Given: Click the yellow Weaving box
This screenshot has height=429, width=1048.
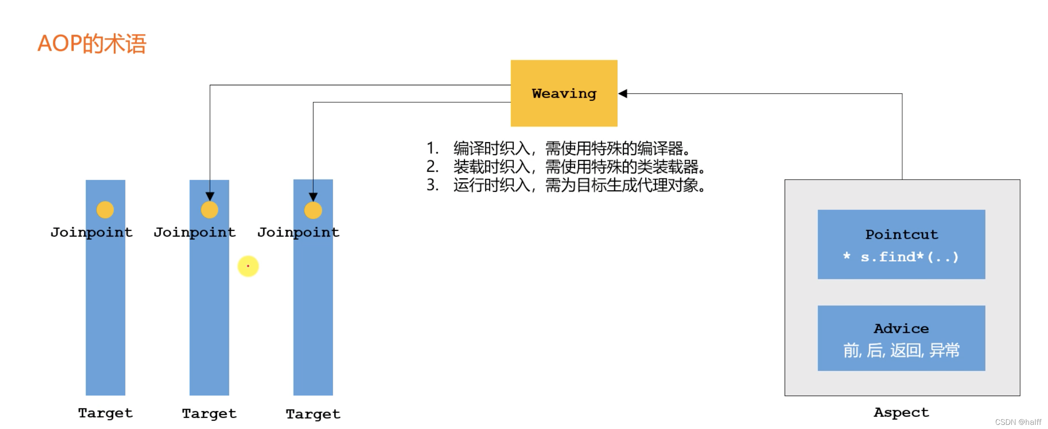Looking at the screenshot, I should [564, 93].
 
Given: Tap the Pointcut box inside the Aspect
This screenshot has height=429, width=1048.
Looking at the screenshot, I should [901, 244].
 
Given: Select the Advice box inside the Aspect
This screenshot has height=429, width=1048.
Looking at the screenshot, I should [901, 338].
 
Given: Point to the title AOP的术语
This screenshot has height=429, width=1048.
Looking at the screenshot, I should [92, 44].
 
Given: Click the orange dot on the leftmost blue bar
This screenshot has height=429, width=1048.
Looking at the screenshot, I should [105, 210].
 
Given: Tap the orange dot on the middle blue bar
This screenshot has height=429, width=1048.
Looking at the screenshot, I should [209, 210].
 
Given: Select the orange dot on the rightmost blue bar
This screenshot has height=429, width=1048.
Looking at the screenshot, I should [313, 210].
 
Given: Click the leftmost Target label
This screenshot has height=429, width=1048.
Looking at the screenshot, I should [105, 413].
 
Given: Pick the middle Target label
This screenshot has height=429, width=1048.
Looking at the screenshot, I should [209, 414].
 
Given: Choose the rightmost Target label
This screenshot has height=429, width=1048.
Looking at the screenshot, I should [313, 414].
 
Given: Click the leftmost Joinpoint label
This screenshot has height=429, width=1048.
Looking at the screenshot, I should [91, 232].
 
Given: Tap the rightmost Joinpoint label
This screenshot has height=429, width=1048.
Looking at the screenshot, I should [298, 232].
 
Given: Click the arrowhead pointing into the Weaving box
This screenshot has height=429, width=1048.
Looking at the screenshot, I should [623, 94].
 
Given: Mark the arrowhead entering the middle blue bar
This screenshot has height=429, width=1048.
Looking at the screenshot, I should [210, 196].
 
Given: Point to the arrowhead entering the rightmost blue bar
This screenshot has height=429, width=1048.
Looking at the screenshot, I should [313, 197].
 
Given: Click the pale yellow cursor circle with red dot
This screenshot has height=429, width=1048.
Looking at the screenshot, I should [248, 266].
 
